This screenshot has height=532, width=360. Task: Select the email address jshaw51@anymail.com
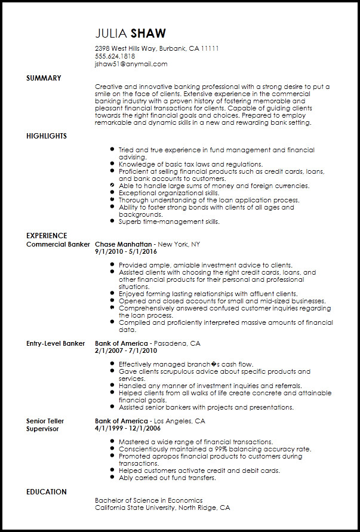tap(131, 64)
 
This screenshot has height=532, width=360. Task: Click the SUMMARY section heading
tap(44, 78)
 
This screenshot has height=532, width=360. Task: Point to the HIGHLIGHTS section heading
tap(47, 136)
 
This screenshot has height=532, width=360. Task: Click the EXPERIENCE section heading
tap(47, 236)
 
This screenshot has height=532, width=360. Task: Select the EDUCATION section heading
tap(47, 492)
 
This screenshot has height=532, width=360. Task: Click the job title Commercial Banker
tap(58, 244)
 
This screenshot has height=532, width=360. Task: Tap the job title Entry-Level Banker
tap(56, 343)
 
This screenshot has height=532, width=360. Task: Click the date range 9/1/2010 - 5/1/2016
tap(130, 252)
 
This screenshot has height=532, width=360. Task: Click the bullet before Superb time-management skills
tap(112, 222)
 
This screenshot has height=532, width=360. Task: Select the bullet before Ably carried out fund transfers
tap(112, 478)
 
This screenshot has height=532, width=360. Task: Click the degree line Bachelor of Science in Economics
tap(149, 500)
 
